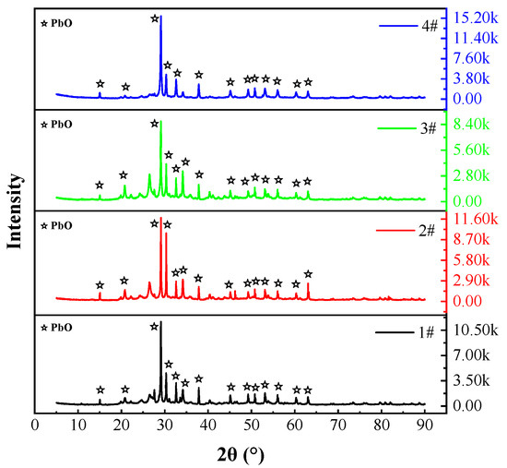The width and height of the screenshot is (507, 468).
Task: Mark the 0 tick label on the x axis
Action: (x=35, y=426)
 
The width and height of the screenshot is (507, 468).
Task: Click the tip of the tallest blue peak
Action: (x=161, y=18)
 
